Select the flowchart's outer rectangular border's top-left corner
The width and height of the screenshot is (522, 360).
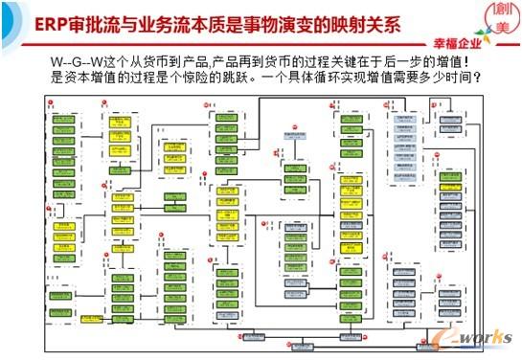pyautogui.click(x=47, y=95)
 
